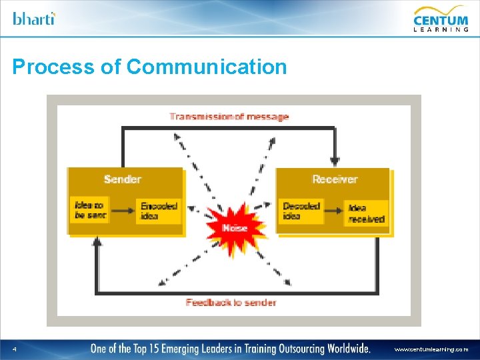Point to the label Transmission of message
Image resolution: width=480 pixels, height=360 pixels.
click(x=229, y=117)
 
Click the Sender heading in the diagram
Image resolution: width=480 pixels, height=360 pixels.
click(x=123, y=179)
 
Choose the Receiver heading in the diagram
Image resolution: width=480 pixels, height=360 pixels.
click(x=335, y=179)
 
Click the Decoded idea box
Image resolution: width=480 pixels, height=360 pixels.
click(x=301, y=211)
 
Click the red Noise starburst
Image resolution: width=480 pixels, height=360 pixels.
click(x=235, y=228)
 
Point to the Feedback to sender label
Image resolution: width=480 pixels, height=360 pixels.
click(x=231, y=302)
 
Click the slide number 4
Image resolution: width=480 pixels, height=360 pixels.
click(x=14, y=349)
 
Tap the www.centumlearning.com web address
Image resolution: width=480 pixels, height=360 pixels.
click(x=431, y=349)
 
